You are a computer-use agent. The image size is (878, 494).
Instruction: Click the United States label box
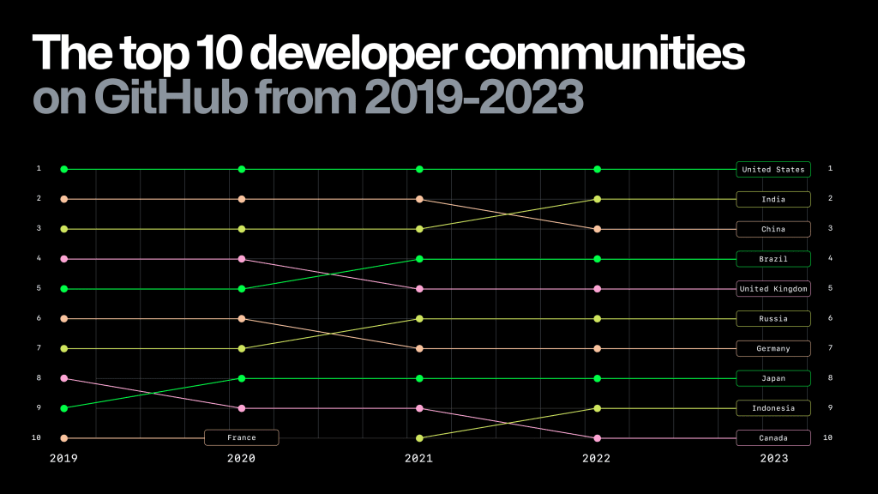pos(773,169)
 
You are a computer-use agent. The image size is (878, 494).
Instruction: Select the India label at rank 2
pos(773,199)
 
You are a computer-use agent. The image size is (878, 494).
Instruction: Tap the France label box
pos(241,437)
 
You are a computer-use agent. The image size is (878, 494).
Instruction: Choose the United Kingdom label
pos(773,289)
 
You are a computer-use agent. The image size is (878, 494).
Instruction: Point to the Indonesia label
pos(773,408)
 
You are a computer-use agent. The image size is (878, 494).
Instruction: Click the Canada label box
pos(773,438)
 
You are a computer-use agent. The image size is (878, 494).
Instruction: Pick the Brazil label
pos(773,259)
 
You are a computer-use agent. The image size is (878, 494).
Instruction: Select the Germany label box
pos(773,348)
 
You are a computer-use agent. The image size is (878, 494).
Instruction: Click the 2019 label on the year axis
pos(63,459)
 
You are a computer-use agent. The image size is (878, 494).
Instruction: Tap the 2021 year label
pos(418,459)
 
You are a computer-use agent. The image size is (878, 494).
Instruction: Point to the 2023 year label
pos(773,459)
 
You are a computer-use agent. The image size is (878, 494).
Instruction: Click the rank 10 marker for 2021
pos(419,438)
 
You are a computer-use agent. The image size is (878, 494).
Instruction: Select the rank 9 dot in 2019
pos(63,408)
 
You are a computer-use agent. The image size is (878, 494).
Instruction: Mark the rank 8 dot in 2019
pos(63,378)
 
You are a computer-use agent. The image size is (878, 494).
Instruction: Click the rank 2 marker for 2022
pos(598,199)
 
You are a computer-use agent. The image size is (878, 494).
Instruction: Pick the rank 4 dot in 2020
pos(242,259)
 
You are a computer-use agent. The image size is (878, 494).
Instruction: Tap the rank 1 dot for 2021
pos(419,169)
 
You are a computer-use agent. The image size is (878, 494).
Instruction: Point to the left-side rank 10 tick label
pos(38,437)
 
